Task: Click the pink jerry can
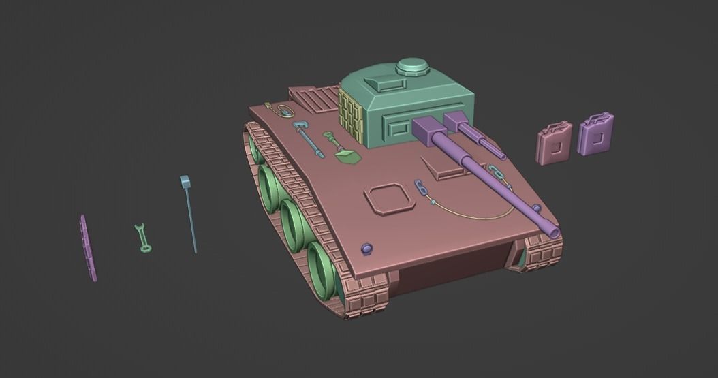pos(555,144)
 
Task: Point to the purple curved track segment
pos(88,248)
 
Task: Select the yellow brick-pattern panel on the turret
pos(350,116)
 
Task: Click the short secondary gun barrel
pos(481,140)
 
